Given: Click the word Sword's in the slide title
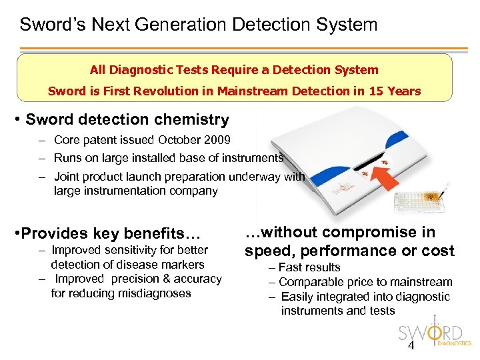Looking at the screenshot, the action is [45, 25].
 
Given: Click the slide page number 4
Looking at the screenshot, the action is [411, 345].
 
